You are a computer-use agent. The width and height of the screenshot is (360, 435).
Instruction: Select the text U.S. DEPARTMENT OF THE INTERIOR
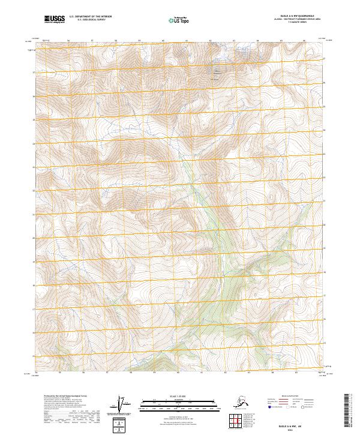(90, 18)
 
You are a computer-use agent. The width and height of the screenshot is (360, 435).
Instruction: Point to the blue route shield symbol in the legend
(269, 407)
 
